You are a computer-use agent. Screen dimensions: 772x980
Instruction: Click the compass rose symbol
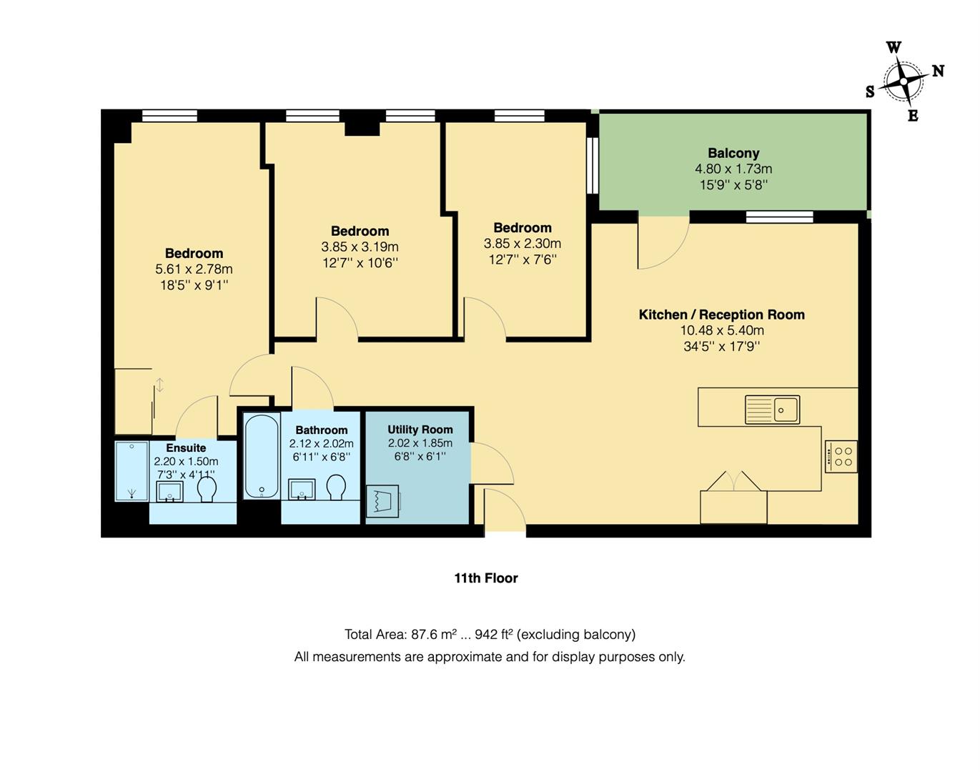904,82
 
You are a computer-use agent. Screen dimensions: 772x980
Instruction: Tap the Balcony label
733,153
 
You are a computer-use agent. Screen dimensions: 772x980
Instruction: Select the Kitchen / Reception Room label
721,315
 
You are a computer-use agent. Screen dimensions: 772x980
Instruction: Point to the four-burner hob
841,457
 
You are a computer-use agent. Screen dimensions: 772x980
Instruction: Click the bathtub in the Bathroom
261,457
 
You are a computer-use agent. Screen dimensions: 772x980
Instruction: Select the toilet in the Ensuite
207,490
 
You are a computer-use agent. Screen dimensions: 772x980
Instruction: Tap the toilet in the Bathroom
336,488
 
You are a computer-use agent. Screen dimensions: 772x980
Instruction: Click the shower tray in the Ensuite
132,472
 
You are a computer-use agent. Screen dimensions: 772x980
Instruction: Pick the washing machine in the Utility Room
383,501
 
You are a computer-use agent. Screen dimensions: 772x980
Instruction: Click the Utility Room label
420,430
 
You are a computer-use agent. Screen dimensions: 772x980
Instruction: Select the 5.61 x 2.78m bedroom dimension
194,269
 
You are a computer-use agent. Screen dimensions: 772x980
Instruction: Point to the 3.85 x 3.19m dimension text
360,247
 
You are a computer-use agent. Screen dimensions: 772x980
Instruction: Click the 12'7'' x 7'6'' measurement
522,259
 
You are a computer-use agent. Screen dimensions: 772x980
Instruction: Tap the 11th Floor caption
486,578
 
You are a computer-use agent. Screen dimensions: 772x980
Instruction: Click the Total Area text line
490,635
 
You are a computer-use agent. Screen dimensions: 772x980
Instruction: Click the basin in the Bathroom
302,490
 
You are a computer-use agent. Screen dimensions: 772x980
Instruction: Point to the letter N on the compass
938,71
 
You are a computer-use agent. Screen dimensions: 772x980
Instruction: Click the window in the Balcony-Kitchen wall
779,217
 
